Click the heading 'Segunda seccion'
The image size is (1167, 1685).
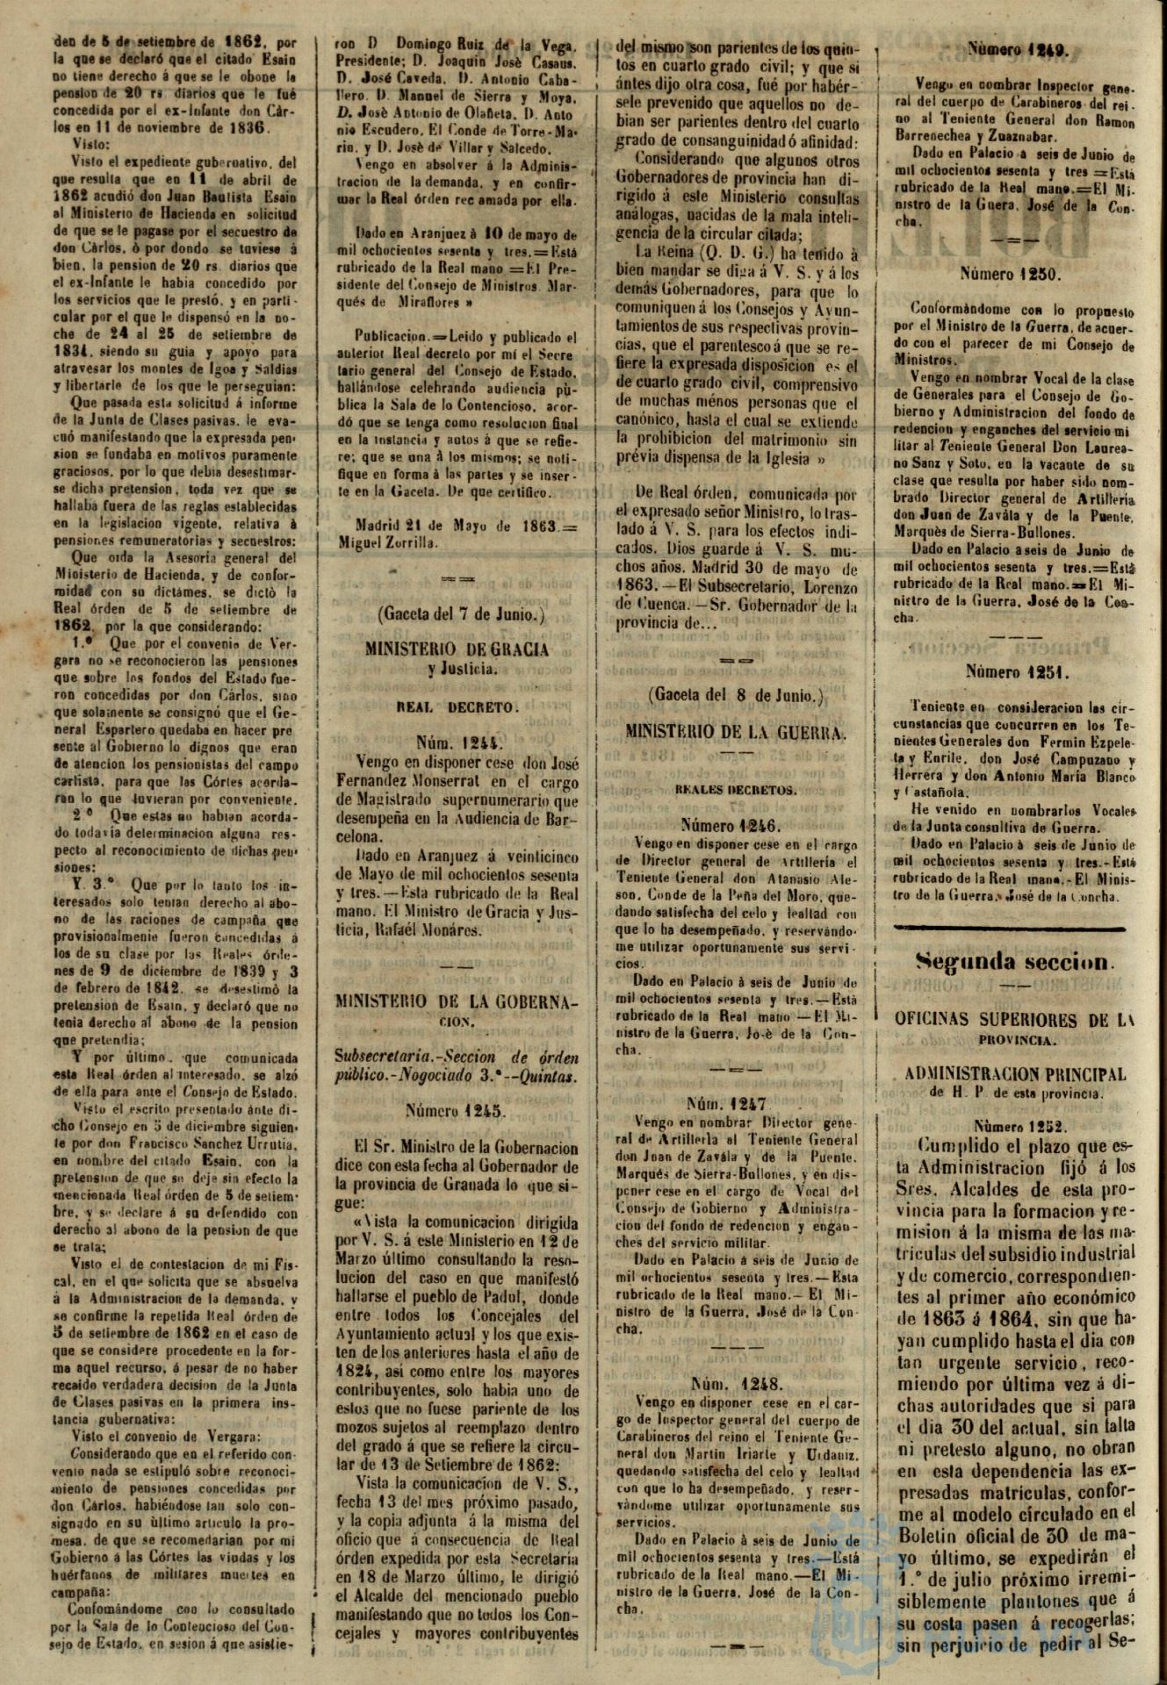pos(1014,961)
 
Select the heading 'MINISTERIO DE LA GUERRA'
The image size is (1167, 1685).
pos(736,731)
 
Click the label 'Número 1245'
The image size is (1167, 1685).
pos(456,1111)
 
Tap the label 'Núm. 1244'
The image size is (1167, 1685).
pos(456,742)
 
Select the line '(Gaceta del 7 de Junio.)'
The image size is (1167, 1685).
pos(456,615)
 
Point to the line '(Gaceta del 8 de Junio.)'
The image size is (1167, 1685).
pos(736,696)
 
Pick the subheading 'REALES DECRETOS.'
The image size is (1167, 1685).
pos(736,790)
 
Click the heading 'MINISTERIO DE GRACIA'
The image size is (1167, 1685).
pos(456,649)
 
